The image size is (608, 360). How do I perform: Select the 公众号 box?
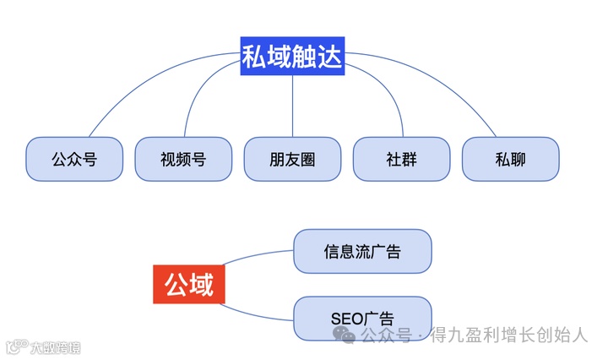tap(73, 158)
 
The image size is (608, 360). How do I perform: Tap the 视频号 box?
tap(182, 158)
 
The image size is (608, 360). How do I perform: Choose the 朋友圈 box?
tap(292, 158)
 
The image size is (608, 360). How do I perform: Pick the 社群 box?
tap(401, 158)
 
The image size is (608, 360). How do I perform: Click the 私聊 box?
tap(510, 158)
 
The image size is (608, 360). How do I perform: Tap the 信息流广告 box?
tap(362, 251)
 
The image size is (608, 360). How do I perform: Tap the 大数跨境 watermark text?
tap(56, 346)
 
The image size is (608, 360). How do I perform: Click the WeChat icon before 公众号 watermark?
tap(344, 335)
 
